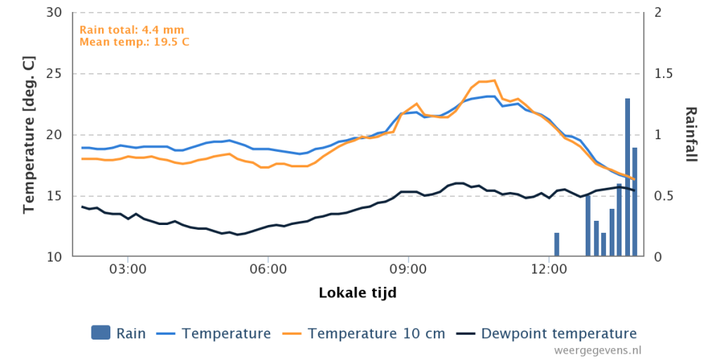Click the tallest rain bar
coord(627,177)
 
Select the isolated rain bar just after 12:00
coord(557,244)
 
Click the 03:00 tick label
coord(128,268)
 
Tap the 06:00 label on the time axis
coord(268,268)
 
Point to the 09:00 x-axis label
coord(409,268)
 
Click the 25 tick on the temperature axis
coord(56,73)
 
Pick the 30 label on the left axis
coord(56,13)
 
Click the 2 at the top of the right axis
coord(657,13)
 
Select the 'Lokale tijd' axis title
coord(358,292)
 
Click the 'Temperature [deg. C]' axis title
coord(30,134)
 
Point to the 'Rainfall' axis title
coord(690,134)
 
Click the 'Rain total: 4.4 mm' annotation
coord(131,30)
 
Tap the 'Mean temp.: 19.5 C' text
coord(134,41)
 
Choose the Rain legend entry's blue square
coord(101,333)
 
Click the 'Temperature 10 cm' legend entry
coord(368,333)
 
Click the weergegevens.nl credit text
coord(598,350)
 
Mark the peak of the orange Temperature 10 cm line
coord(494,80)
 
